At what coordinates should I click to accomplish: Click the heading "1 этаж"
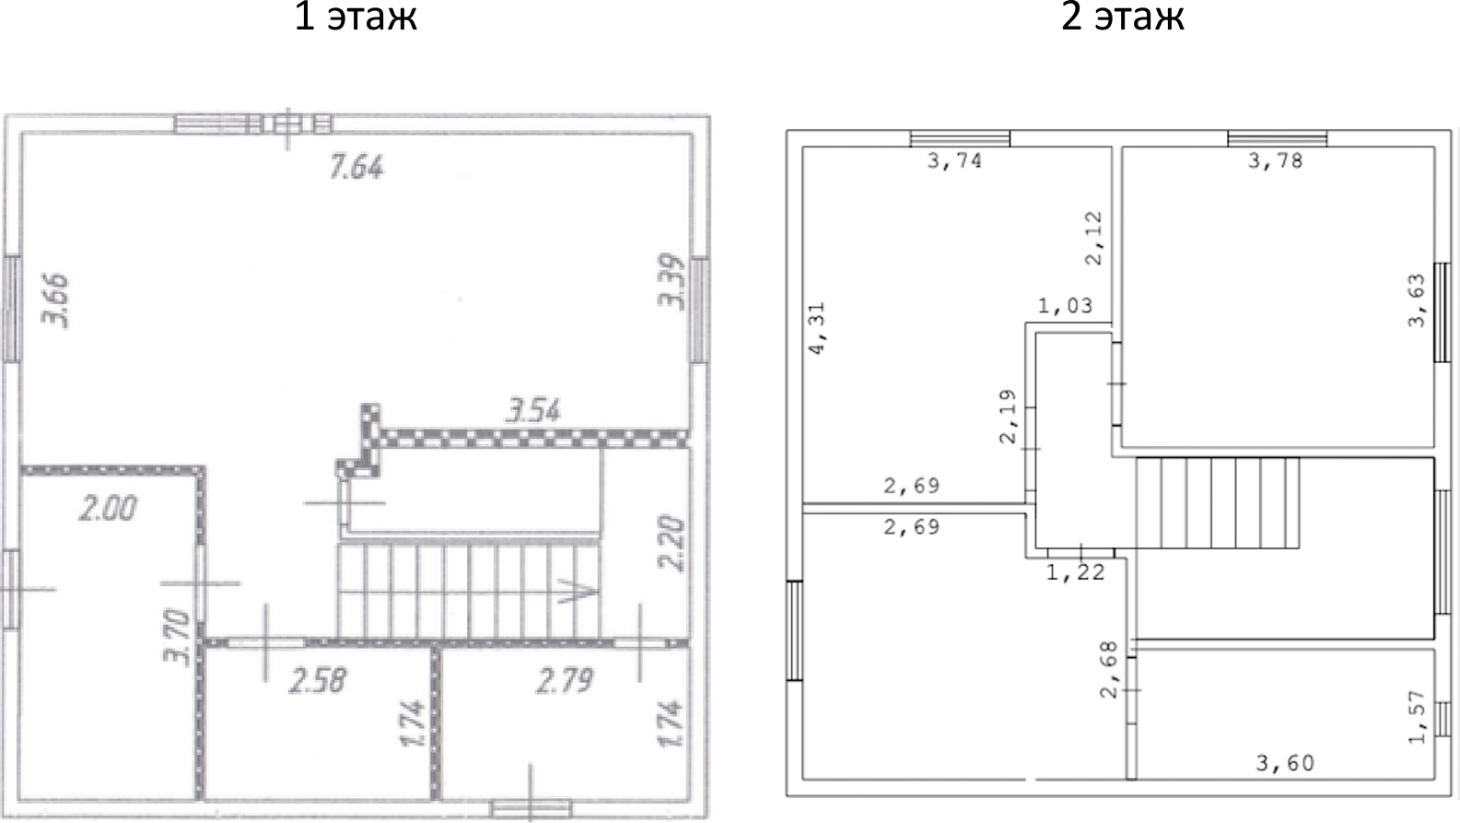click(x=356, y=17)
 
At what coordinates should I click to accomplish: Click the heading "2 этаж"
click(x=1122, y=17)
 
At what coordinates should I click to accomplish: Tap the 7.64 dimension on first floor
click(x=356, y=167)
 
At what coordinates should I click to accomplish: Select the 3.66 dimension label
click(x=57, y=300)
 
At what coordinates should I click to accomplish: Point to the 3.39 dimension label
click(x=672, y=281)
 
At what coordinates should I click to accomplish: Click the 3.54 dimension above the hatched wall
click(x=532, y=410)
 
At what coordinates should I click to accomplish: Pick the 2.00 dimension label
click(x=108, y=508)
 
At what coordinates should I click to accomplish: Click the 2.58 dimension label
click(x=318, y=680)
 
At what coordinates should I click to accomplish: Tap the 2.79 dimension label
click(x=565, y=680)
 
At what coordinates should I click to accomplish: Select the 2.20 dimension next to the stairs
click(x=673, y=544)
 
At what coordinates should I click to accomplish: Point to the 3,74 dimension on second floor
click(x=954, y=161)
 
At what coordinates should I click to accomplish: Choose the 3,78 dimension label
click(x=1275, y=161)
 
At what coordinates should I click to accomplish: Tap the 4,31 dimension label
click(x=817, y=328)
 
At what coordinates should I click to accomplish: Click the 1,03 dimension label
click(x=1065, y=306)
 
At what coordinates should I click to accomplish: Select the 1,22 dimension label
click(x=1075, y=573)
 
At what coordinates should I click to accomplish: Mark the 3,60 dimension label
click(x=1285, y=763)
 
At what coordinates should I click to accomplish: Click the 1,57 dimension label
click(x=1417, y=716)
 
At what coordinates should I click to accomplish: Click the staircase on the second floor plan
click(x=1217, y=503)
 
